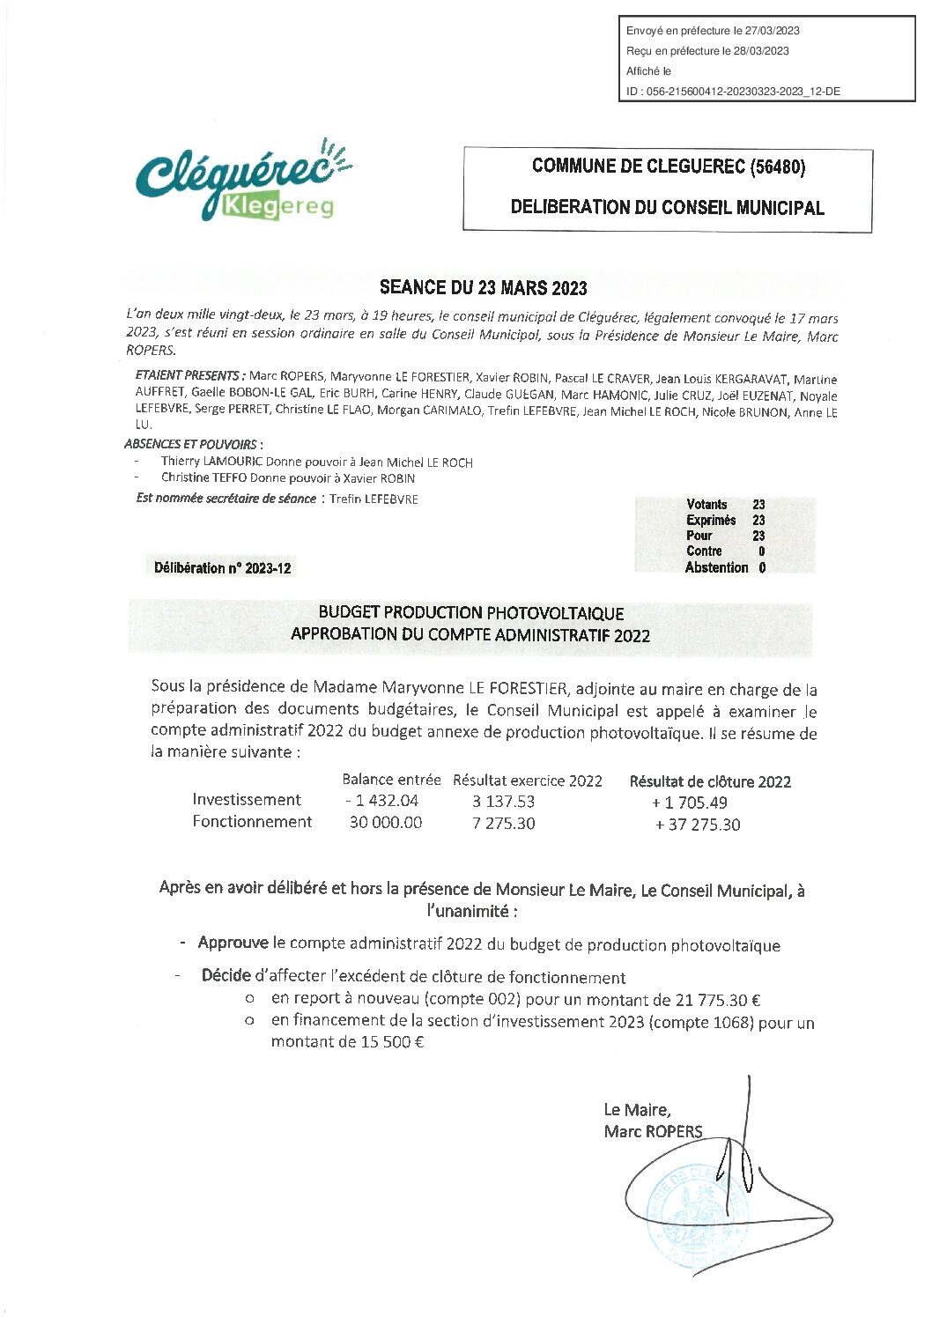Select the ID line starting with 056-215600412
[733, 92]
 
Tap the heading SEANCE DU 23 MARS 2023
[483, 288]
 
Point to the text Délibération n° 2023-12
[222, 568]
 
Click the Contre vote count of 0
[761, 551]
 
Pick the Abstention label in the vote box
[716, 568]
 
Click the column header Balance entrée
[391, 780]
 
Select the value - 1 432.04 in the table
[382, 801]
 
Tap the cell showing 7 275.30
[503, 824]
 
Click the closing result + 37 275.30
[698, 825]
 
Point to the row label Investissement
[247, 800]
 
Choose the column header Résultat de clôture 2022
[710, 782]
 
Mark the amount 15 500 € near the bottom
[392, 1042]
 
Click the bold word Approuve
[233, 943]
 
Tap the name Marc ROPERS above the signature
[653, 1132]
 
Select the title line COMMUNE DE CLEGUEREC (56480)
[668, 166]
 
